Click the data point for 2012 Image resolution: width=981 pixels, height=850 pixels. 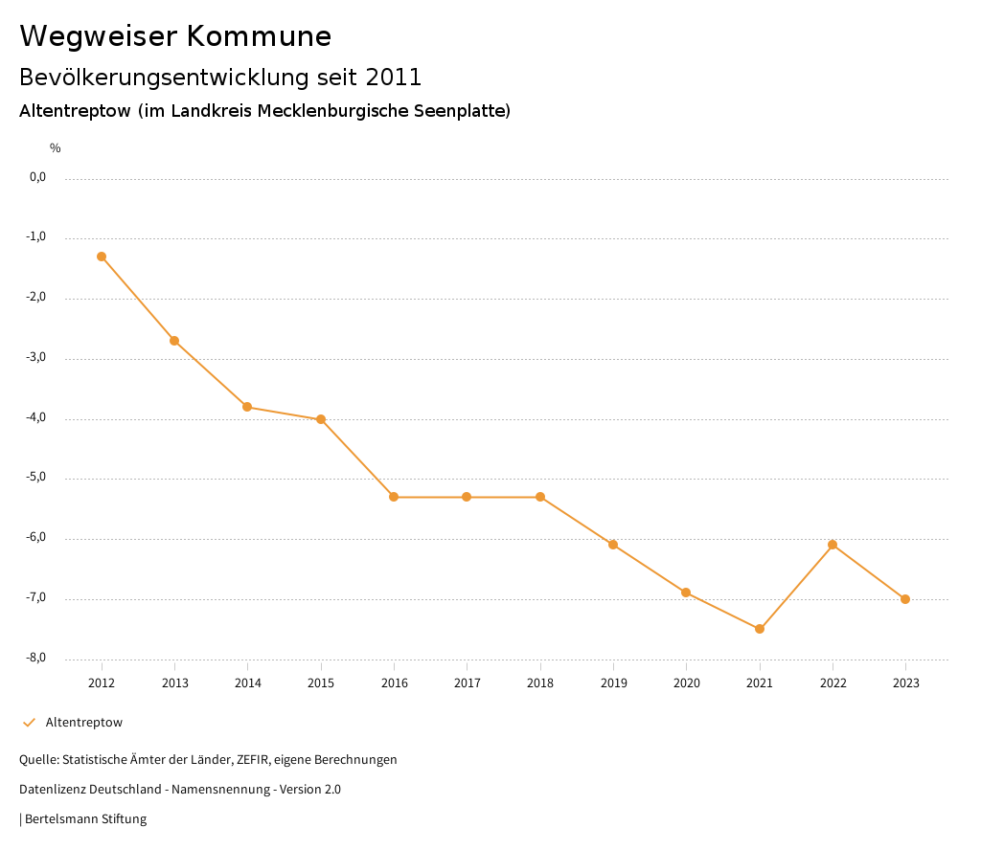pyautogui.click(x=102, y=257)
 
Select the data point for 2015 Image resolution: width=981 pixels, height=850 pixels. pyautogui.click(x=321, y=419)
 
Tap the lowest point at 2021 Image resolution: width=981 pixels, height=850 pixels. pyautogui.click(x=760, y=629)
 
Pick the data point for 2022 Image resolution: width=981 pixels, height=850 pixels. pyautogui.click(x=833, y=545)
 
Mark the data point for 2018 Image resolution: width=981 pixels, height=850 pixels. pyautogui.click(x=540, y=497)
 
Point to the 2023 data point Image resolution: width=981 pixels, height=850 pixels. pyautogui.click(x=905, y=599)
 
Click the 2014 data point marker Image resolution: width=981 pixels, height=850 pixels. pyautogui.click(x=247, y=407)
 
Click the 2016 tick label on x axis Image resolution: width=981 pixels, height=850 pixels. pyautogui.click(x=394, y=683)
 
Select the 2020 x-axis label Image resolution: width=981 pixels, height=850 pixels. pyautogui.click(x=686, y=683)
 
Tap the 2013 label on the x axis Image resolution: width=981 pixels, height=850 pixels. pyautogui.click(x=174, y=683)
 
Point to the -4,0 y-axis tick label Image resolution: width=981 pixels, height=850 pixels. pyautogui.click(x=36, y=418)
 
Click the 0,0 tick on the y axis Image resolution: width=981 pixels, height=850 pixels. pyautogui.click(x=37, y=177)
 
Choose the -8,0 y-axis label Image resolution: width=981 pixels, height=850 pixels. pyautogui.click(x=36, y=659)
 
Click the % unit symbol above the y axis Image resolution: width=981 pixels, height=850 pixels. pyautogui.click(x=56, y=148)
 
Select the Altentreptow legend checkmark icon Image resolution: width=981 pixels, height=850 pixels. pyautogui.click(x=29, y=723)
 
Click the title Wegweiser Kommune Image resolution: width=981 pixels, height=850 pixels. pyautogui.click(x=175, y=36)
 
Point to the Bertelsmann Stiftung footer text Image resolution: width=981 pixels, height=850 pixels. pyautogui.click(x=85, y=819)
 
